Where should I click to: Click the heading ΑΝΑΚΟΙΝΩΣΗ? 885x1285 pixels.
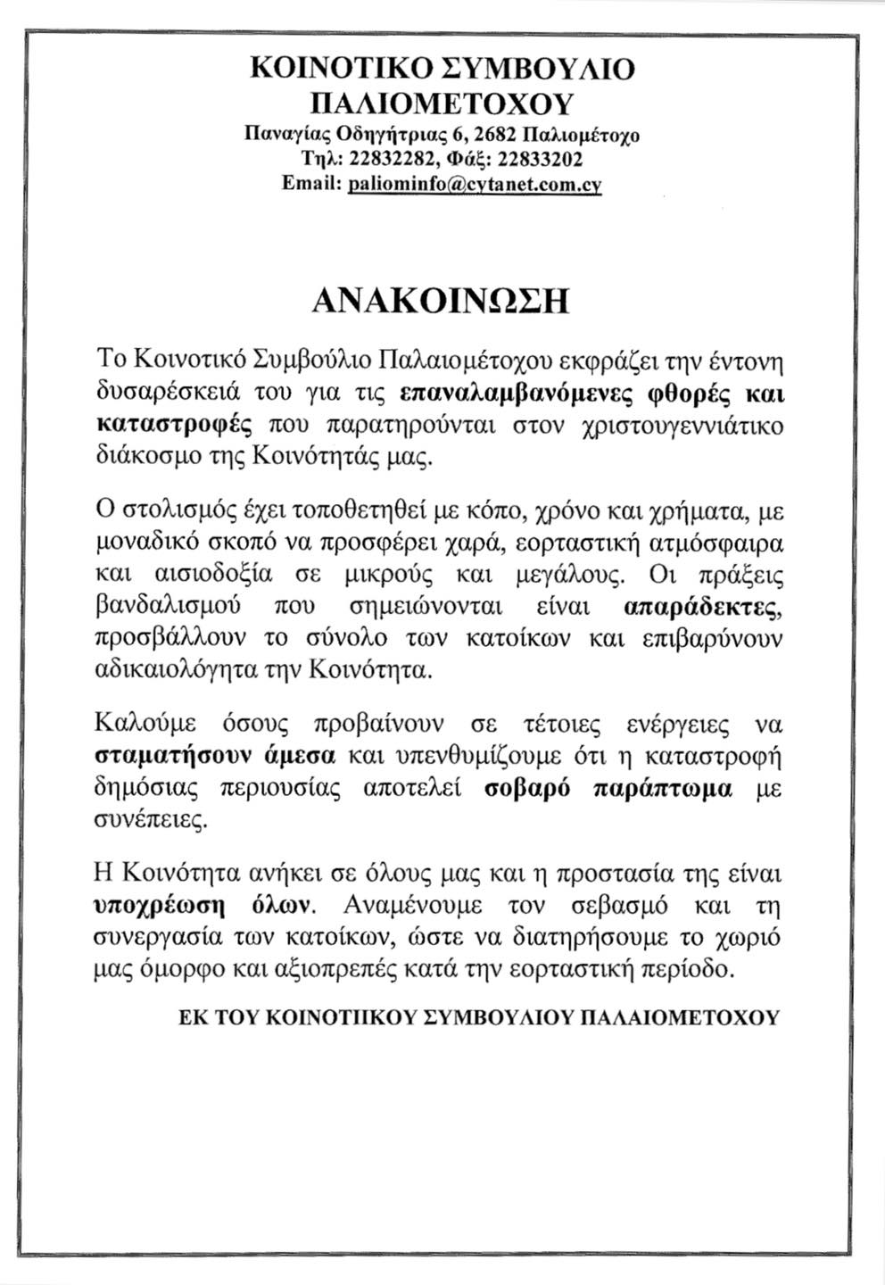(x=442, y=300)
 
